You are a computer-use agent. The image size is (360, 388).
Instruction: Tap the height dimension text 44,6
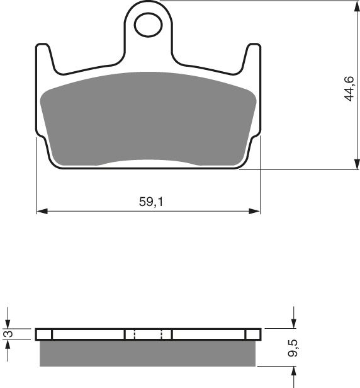coord(348,89)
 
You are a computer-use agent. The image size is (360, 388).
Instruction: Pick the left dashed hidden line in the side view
coord(134,334)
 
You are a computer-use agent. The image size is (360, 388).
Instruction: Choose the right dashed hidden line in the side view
coord(162,334)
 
